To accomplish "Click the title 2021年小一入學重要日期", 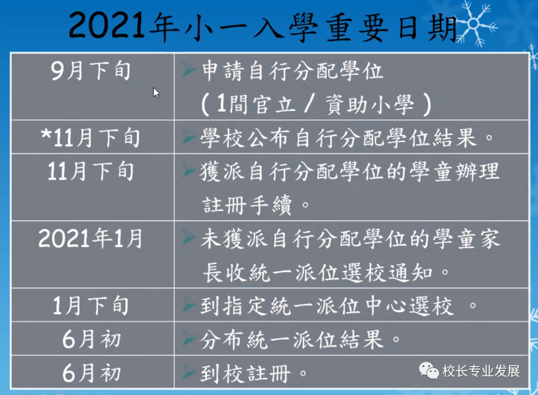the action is click(x=263, y=26).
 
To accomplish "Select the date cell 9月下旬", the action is click(x=91, y=71).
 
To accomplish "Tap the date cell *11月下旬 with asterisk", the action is click(x=90, y=138).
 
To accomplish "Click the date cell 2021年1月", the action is click(x=90, y=238).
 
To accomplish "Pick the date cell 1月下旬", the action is click(x=91, y=305).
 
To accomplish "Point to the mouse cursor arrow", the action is click(x=156, y=93).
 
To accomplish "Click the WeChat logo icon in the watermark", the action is click(x=428, y=371).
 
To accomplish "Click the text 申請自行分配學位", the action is click(x=292, y=71).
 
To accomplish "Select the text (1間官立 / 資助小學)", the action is click(x=316, y=104).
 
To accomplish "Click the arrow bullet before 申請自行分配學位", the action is click(x=188, y=70).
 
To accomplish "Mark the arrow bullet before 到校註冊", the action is click(x=188, y=372).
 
